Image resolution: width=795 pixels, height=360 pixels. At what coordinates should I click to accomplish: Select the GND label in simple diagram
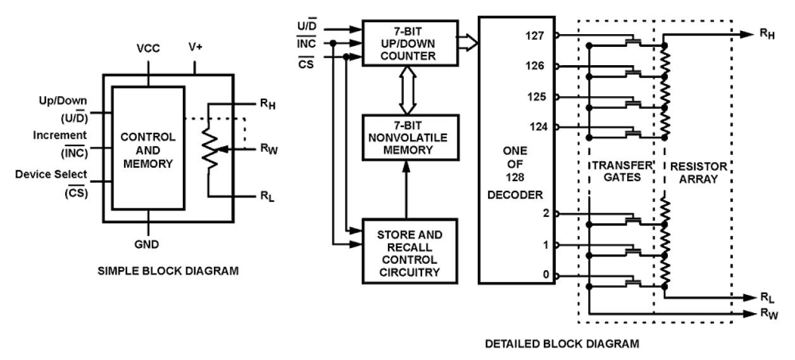coord(148,244)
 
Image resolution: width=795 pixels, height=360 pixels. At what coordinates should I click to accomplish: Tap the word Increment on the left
coord(60,135)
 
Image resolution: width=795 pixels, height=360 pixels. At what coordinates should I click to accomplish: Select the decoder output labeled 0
coord(546,276)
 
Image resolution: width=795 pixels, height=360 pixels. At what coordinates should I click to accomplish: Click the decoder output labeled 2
coord(546,213)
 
